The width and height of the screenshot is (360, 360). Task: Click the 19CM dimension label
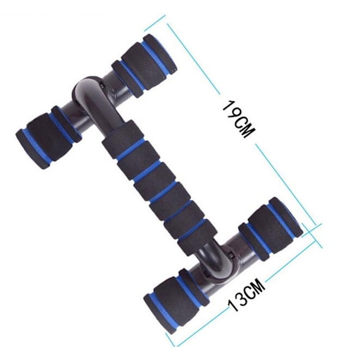click(239, 119)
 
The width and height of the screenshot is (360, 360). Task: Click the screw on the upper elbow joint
click(103, 85)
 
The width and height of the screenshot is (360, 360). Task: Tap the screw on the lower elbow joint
click(232, 256)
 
